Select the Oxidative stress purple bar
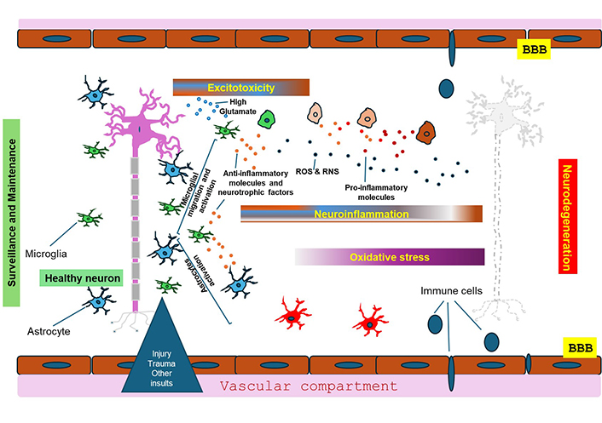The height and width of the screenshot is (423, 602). click(389, 257)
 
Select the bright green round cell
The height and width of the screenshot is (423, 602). click(269, 119)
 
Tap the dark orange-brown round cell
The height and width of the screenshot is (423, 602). click(426, 130)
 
